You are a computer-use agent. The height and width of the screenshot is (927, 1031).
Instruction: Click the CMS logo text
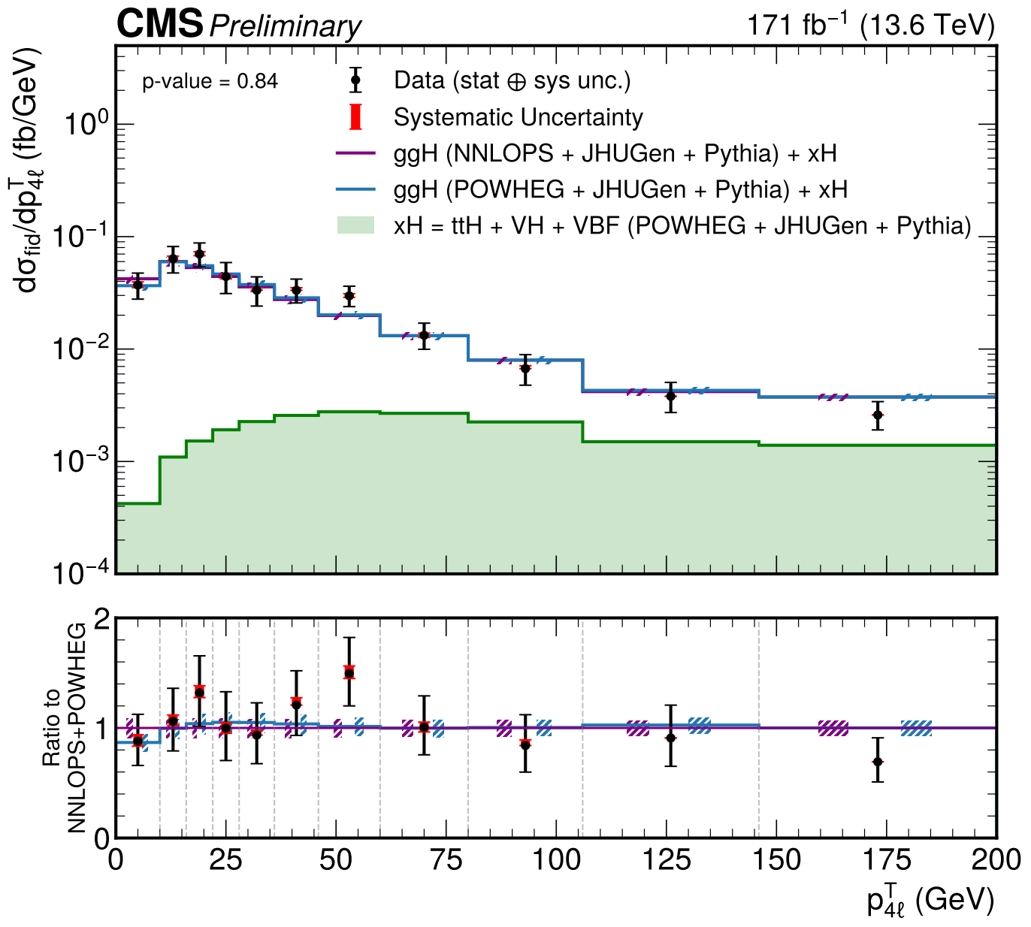tap(159, 25)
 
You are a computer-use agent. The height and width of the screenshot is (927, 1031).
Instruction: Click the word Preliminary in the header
tap(285, 27)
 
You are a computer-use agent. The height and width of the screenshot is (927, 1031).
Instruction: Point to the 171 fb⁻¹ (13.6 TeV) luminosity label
tap(870, 26)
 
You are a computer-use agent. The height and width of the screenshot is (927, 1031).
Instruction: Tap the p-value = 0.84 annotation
tap(210, 81)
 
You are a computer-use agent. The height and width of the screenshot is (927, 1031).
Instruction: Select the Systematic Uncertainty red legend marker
tap(356, 117)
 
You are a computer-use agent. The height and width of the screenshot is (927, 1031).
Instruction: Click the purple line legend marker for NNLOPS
tap(355, 153)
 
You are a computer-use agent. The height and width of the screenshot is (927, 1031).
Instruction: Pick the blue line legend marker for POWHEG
tap(355, 189)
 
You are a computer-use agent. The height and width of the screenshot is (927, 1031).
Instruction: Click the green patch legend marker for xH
tap(355, 225)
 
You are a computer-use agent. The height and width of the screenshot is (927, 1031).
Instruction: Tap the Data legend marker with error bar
tap(356, 80)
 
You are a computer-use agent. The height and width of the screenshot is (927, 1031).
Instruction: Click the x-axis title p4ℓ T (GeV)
tap(930, 899)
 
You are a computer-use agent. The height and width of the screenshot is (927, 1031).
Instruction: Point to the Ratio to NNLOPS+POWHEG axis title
tap(64, 728)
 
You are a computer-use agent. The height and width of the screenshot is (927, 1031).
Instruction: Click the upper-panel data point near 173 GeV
tap(878, 415)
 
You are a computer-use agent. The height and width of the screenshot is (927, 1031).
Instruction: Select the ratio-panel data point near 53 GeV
tap(349, 672)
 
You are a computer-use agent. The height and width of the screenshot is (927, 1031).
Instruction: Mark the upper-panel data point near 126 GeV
tap(670, 396)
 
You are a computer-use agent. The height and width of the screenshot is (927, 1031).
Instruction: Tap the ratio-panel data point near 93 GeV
tap(525, 744)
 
